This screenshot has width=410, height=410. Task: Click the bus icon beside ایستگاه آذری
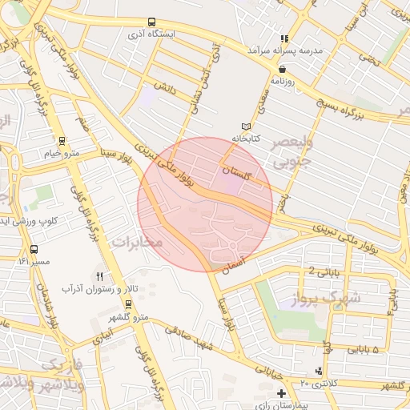point(152,22)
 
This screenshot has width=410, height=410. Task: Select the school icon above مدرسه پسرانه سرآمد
point(283,38)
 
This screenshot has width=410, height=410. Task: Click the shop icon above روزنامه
point(282,69)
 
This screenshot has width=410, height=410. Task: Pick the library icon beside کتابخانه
point(246,126)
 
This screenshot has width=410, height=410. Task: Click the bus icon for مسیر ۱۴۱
point(33,250)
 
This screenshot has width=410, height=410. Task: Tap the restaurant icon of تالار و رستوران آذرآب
point(100,276)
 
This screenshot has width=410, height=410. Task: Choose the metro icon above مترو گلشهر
point(129,303)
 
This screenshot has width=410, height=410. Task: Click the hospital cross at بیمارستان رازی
point(281,393)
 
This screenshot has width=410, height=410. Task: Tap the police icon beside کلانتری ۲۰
point(320,370)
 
